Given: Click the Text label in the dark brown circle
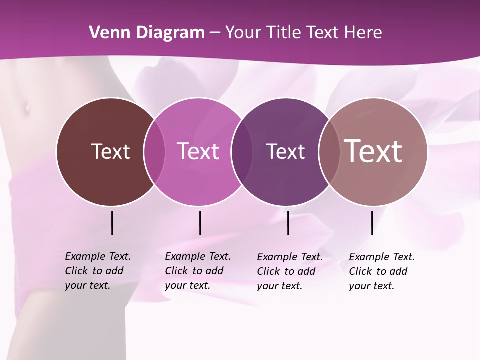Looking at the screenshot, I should click(110, 152).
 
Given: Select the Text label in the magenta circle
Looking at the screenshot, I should click(198, 152).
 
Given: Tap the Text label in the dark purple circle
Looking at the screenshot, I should click(285, 152).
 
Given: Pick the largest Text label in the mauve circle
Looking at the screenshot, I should click(373, 151).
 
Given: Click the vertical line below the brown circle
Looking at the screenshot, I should click(112, 223).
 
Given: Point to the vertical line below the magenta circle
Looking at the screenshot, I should click(200, 223).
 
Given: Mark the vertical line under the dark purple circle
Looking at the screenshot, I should click(288, 223).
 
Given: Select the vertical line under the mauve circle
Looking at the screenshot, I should click(372, 223).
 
